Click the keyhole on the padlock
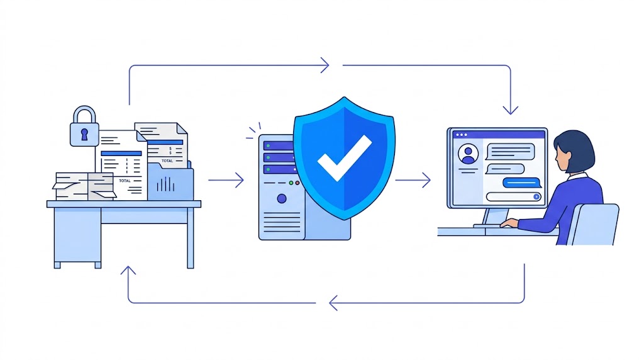(84, 134)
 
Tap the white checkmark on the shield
(344, 157)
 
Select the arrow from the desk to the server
(226, 181)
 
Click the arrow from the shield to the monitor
(413, 181)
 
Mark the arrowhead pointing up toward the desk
(128, 272)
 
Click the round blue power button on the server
(281, 199)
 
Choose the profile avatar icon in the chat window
(468, 154)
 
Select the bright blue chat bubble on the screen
(522, 183)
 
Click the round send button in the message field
(536, 196)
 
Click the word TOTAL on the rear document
(167, 160)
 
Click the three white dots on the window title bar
(461, 135)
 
